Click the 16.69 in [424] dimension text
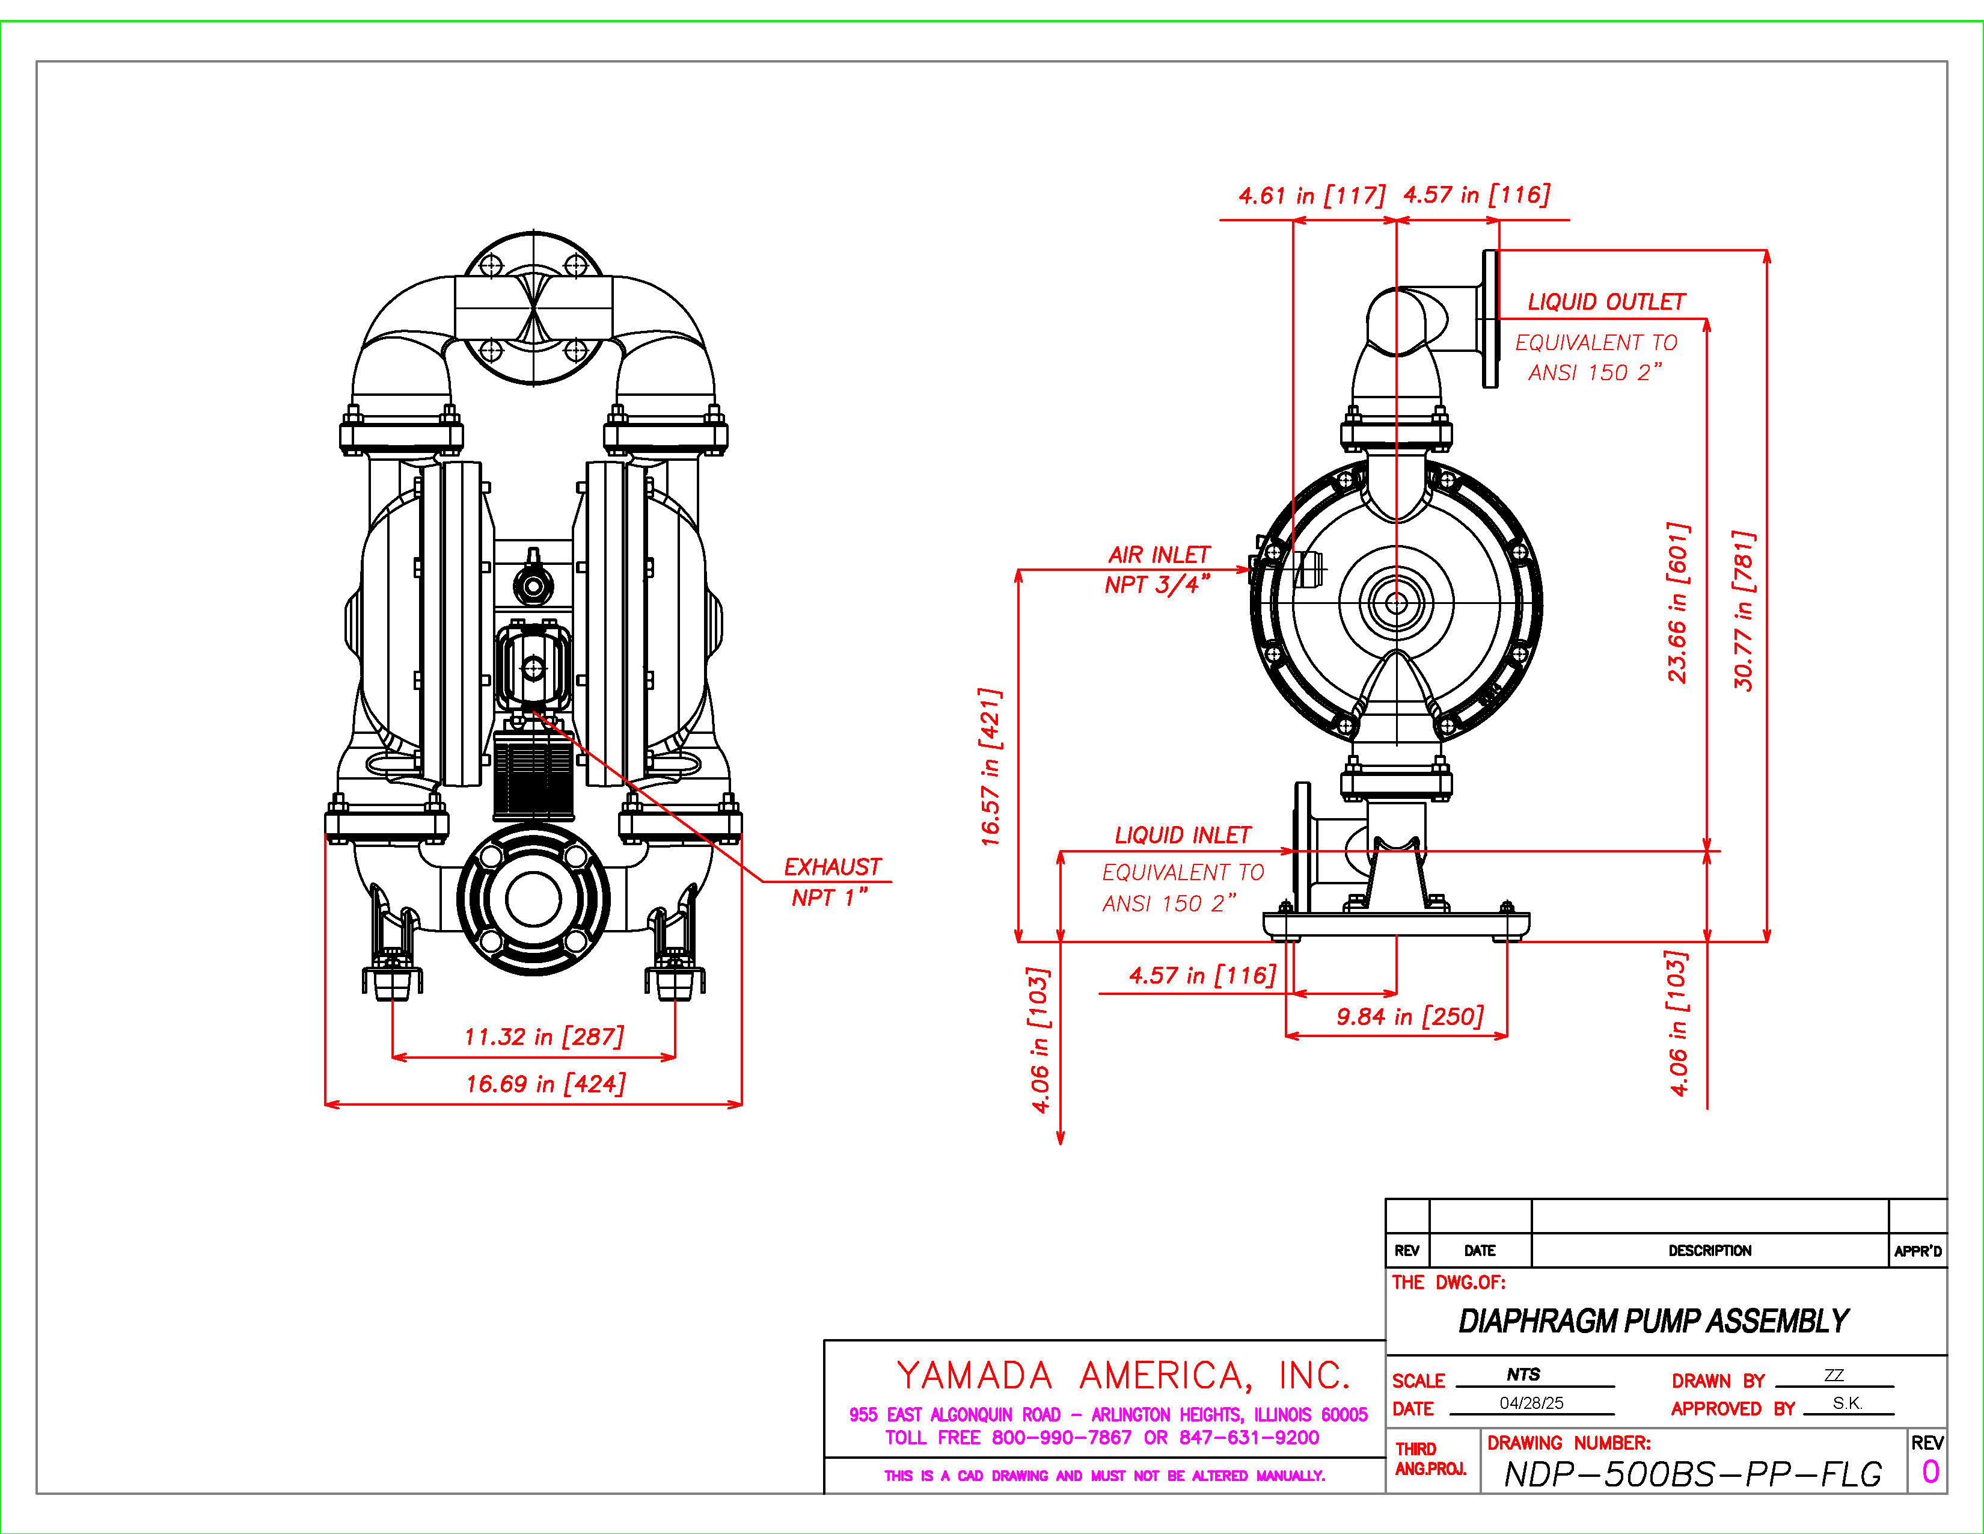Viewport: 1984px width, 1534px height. (x=545, y=1084)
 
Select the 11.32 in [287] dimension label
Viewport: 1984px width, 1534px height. (x=543, y=1037)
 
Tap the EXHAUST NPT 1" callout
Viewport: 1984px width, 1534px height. (x=831, y=881)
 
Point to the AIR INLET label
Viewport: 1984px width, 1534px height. (x=1159, y=555)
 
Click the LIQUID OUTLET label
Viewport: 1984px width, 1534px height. (x=1605, y=302)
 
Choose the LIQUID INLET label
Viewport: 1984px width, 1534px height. (x=1182, y=835)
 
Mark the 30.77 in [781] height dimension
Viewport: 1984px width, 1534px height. (x=1744, y=611)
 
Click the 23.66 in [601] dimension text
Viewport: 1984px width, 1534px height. (x=1678, y=602)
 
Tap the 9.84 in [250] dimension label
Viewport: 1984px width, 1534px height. (x=1409, y=1016)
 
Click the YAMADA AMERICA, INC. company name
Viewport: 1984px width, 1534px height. (x=1123, y=1376)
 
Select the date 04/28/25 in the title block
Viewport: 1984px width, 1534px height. (x=1532, y=1403)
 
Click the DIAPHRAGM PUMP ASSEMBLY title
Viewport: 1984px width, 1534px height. (x=1653, y=1320)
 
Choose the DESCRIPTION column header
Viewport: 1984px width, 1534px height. (x=1710, y=1251)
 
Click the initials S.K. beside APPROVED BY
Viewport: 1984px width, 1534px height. (x=1847, y=1403)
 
